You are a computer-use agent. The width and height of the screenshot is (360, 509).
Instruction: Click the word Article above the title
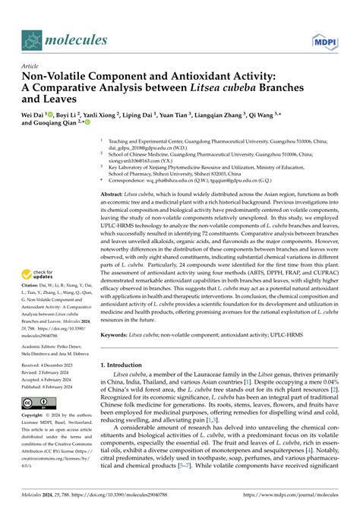tap(32, 66)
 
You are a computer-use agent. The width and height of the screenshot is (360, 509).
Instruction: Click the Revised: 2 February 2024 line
tap(53, 373)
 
